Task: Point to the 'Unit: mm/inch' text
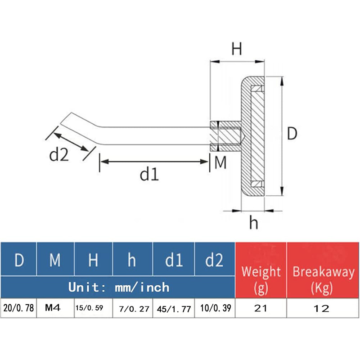(x=119, y=287)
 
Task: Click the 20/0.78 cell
(x=19, y=309)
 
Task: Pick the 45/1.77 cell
(x=174, y=309)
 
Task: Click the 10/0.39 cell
(x=215, y=309)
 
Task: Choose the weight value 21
(x=261, y=309)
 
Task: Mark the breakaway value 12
(x=323, y=309)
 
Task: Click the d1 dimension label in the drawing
(x=149, y=174)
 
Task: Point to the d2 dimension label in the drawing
(x=58, y=155)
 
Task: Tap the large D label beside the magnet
(x=292, y=134)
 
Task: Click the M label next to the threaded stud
(x=220, y=163)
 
